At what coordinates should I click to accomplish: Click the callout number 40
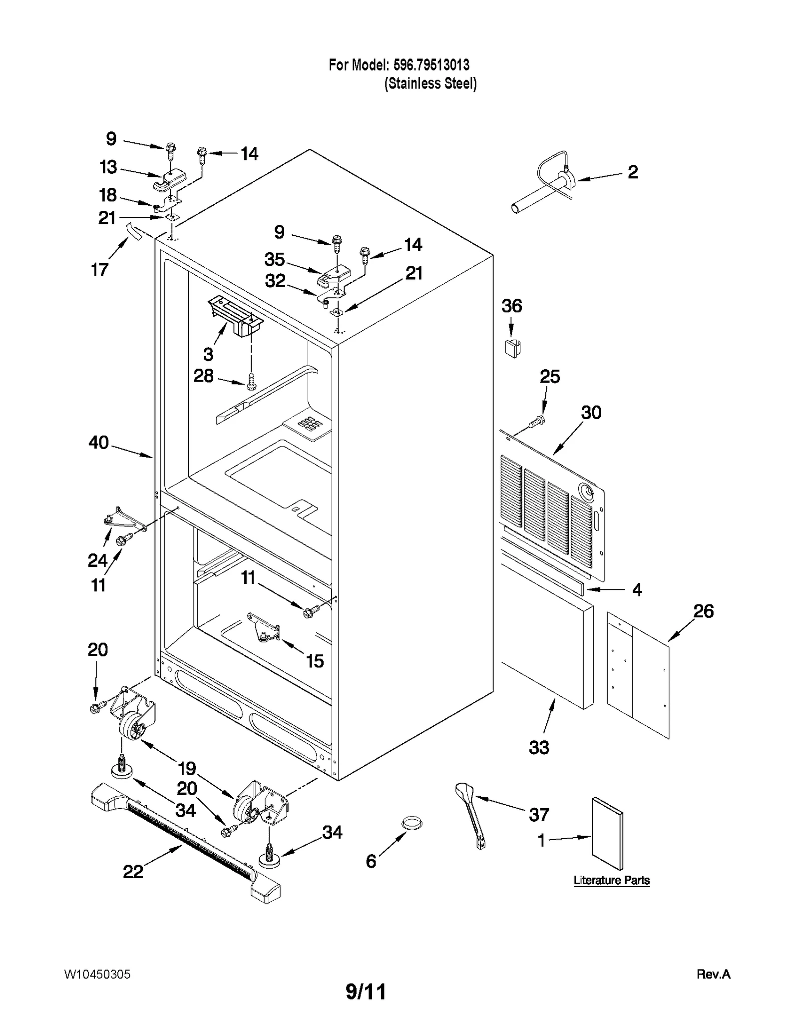(98, 443)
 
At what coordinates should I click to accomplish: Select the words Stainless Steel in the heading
(430, 83)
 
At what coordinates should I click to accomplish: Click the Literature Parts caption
(611, 881)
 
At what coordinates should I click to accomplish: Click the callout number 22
(133, 872)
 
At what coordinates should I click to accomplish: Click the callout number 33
(539, 747)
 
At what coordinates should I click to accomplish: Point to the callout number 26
(703, 611)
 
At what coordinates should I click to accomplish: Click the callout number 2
(632, 172)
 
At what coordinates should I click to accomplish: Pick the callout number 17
(100, 270)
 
